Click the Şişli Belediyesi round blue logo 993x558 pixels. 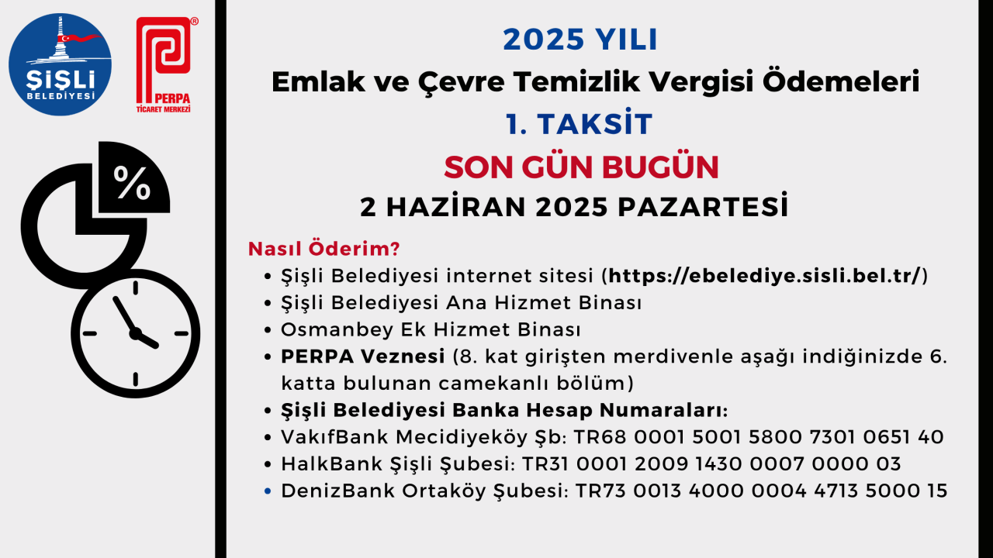[x=61, y=64]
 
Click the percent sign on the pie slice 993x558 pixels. [x=132, y=183]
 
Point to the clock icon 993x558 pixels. [x=135, y=333]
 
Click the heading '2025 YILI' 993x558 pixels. [x=580, y=40]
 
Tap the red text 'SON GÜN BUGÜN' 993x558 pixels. [x=581, y=167]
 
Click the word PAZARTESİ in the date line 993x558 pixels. [x=703, y=206]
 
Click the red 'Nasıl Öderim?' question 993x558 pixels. [x=324, y=249]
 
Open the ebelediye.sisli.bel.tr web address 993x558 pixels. [x=765, y=276]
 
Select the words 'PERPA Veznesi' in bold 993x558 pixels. [x=362, y=356]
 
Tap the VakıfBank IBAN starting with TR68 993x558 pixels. [x=759, y=437]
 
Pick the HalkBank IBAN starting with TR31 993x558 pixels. [x=711, y=464]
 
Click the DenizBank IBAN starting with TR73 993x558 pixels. [x=761, y=491]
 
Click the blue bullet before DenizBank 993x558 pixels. [x=268, y=491]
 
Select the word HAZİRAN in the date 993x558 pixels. [x=456, y=206]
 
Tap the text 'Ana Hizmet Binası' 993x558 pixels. [x=544, y=303]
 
